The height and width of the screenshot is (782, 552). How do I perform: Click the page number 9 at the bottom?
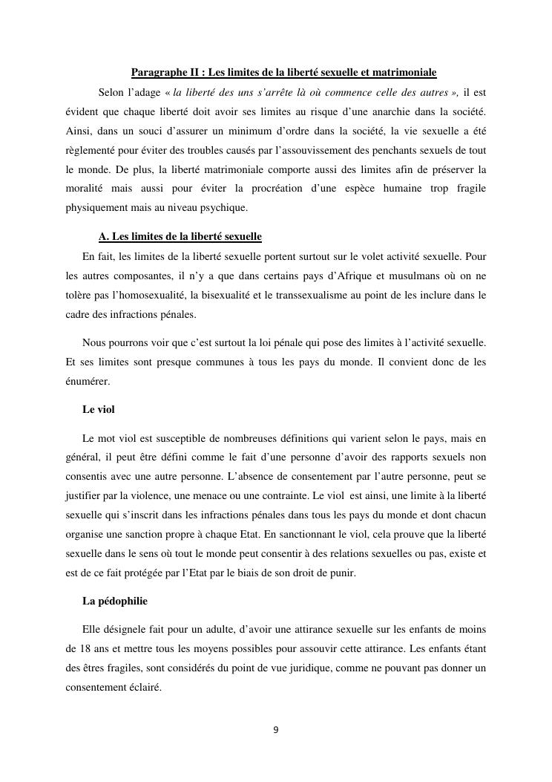point(276,730)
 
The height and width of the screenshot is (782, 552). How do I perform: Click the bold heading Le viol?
point(99,410)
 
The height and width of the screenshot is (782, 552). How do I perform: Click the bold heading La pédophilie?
point(114,600)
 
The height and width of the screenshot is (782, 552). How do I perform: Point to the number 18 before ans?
point(72,648)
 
